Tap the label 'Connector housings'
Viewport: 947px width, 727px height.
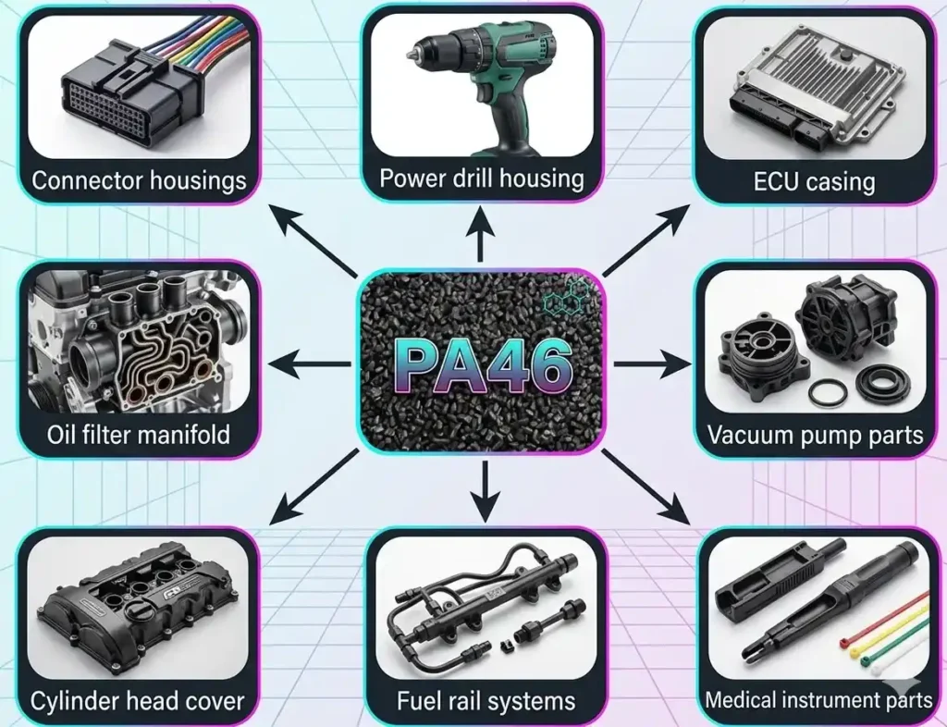pos(139,180)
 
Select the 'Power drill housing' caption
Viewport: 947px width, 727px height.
pos(481,179)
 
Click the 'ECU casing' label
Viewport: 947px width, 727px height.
pos(814,181)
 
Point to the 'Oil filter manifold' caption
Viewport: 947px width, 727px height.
pos(139,434)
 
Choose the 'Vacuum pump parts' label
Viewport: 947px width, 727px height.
pos(815,435)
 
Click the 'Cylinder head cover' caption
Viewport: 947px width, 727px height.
pos(137,701)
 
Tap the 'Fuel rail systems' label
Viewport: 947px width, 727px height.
pos(486,701)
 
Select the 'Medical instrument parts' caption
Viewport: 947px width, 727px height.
pos(818,700)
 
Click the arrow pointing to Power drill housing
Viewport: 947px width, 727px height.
pos(481,233)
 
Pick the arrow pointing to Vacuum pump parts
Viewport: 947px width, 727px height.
pos(653,364)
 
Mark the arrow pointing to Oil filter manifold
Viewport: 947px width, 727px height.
pos(309,364)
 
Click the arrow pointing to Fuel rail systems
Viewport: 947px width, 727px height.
pos(485,491)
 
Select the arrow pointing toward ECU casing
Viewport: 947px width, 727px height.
pos(646,240)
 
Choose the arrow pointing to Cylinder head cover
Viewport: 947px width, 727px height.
pos(314,487)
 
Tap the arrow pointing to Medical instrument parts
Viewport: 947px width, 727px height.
pos(646,487)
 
